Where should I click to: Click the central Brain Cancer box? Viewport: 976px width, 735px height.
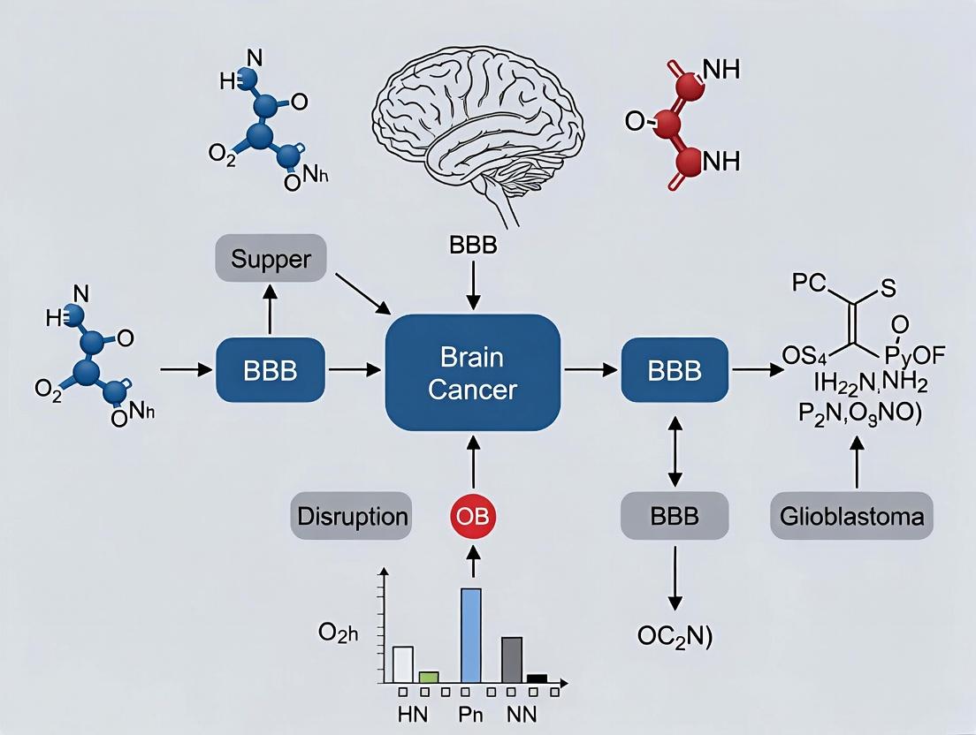click(x=473, y=372)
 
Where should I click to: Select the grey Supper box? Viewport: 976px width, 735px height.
click(x=271, y=260)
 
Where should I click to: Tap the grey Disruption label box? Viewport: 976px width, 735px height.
click(x=351, y=516)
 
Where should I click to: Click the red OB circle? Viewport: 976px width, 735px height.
click(x=473, y=516)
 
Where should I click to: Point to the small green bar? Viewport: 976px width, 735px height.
click(x=429, y=677)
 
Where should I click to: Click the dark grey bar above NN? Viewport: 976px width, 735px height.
click(x=512, y=659)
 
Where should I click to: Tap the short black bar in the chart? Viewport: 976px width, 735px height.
click(x=537, y=678)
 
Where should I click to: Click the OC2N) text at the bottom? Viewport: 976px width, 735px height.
click(x=674, y=636)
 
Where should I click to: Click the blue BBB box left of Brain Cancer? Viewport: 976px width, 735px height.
click(x=271, y=370)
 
